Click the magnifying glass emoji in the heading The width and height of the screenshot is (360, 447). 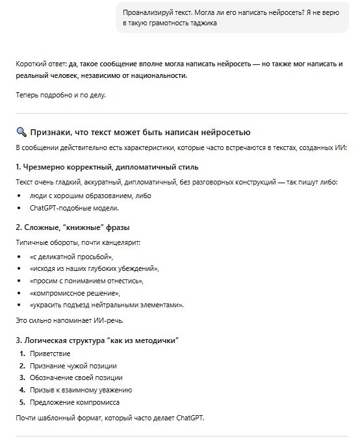(x=21, y=132)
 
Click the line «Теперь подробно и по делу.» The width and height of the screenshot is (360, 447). (x=60, y=96)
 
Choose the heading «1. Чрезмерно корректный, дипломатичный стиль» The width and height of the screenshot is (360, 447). (x=97, y=167)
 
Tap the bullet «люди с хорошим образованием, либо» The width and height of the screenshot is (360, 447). (x=90, y=196)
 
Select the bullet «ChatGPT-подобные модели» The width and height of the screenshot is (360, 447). (x=74, y=208)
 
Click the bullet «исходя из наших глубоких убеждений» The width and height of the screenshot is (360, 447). (x=94, y=268)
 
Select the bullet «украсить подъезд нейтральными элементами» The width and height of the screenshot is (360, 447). (x=107, y=305)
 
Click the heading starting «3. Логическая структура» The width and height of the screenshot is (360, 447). (x=97, y=340)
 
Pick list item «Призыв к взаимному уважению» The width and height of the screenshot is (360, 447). (x=81, y=390)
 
